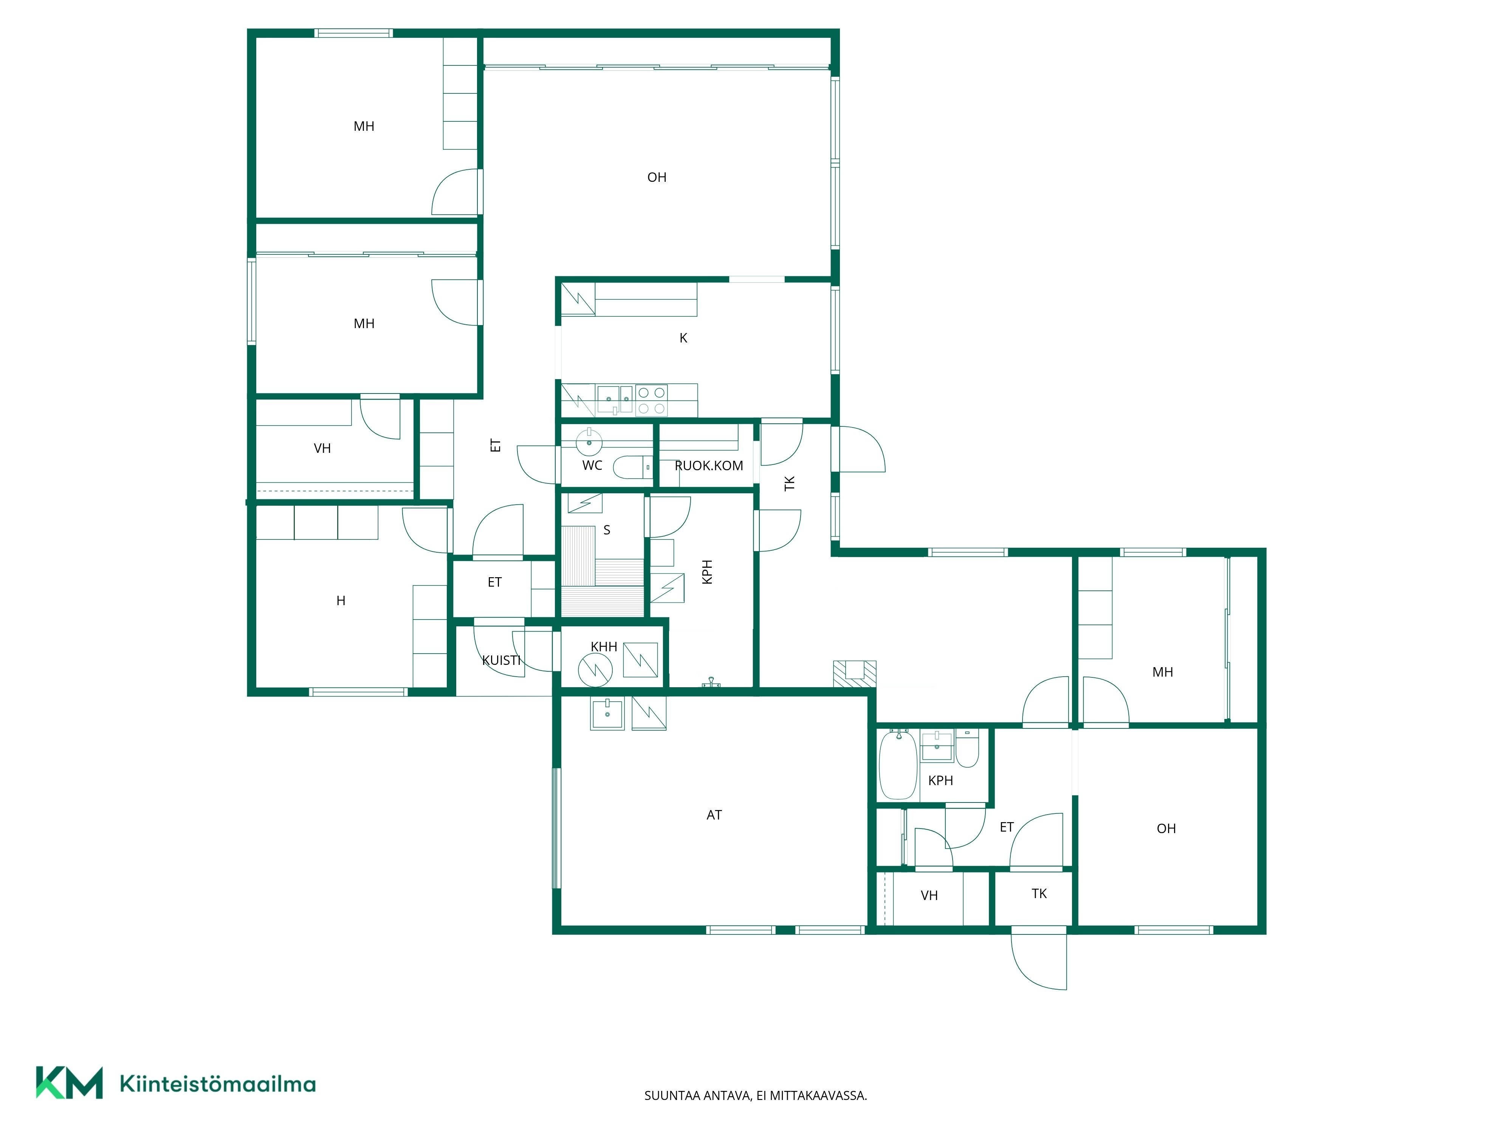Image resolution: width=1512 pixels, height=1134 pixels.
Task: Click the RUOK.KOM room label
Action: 709,465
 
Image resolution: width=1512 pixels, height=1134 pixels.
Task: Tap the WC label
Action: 592,465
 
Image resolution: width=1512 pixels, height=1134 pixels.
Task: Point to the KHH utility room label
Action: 604,647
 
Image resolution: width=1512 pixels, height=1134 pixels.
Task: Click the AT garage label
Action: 714,815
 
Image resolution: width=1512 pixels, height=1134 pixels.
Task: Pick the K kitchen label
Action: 683,338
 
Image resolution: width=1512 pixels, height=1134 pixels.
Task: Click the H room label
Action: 341,601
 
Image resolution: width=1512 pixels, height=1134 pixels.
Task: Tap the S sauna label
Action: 606,530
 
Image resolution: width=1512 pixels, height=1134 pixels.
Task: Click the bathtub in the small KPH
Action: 897,764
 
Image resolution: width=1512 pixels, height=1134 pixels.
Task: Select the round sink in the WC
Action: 589,442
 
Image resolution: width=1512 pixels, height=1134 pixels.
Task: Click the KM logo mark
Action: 69,1083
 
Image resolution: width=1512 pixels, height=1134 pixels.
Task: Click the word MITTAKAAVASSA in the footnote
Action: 818,1096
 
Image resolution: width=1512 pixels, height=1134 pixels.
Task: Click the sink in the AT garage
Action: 607,714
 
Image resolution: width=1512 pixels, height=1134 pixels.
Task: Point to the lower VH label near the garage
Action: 929,895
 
